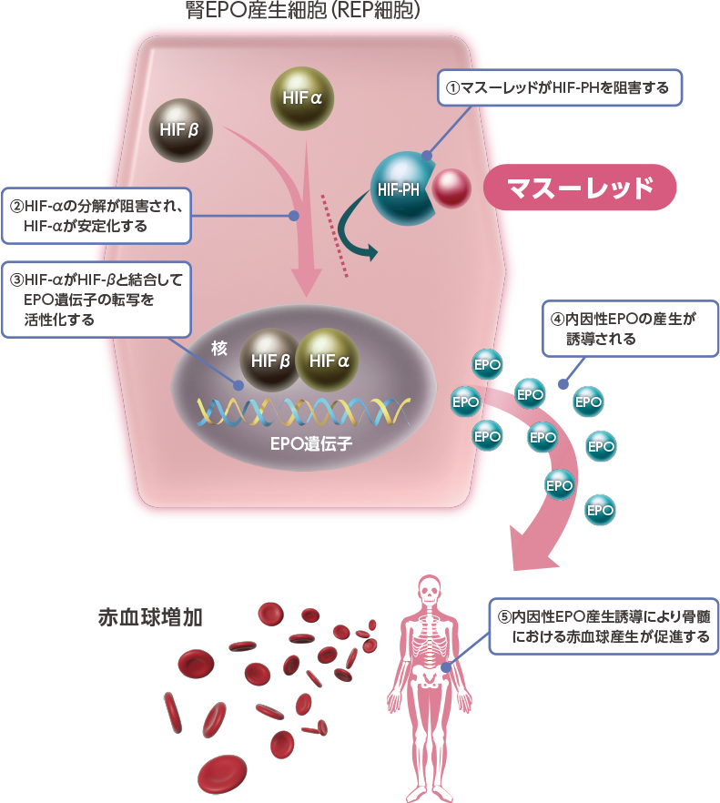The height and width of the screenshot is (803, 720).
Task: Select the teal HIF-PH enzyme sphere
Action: click(401, 188)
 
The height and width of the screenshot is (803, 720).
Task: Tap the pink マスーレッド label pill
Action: click(580, 188)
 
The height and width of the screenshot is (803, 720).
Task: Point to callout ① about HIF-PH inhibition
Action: click(559, 88)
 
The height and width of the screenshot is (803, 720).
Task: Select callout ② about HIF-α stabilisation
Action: click(96, 216)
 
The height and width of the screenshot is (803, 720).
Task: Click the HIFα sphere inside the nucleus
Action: click(329, 361)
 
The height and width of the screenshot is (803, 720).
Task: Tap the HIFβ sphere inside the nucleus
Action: click(270, 361)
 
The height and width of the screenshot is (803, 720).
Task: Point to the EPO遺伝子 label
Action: click(310, 446)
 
